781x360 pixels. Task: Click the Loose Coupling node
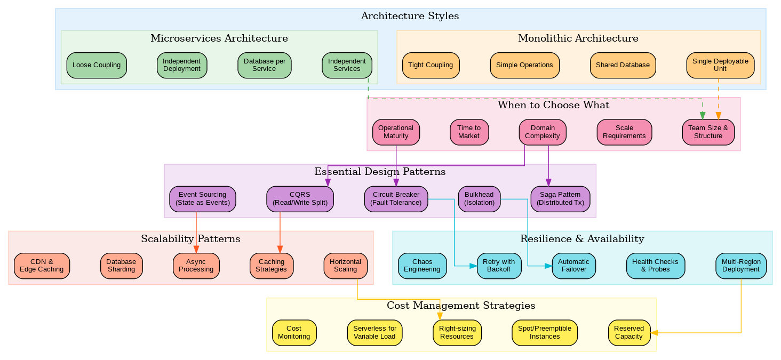tap(96, 65)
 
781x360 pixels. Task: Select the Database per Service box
tap(264, 65)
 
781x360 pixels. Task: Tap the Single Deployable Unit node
tap(720, 65)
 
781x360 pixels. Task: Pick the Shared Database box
tap(623, 65)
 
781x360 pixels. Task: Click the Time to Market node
tap(469, 132)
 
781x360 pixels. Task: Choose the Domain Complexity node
tap(542, 132)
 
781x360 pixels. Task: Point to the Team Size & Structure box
tap(708, 132)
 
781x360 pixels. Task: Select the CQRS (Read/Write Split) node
tap(300, 198)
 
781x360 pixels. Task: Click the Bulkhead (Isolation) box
tap(479, 198)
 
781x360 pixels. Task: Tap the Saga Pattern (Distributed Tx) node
tap(560, 198)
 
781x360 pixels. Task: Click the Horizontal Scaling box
tap(345, 265)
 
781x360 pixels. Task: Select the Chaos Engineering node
tap(422, 265)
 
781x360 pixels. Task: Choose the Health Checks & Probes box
tap(655, 265)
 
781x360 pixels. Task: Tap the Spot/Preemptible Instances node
tap(544, 332)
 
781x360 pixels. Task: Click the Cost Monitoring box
tap(294, 332)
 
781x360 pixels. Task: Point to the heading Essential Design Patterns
tap(379, 172)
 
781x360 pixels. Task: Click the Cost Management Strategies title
tap(460, 306)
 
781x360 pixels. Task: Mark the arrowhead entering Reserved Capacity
tap(655, 332)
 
